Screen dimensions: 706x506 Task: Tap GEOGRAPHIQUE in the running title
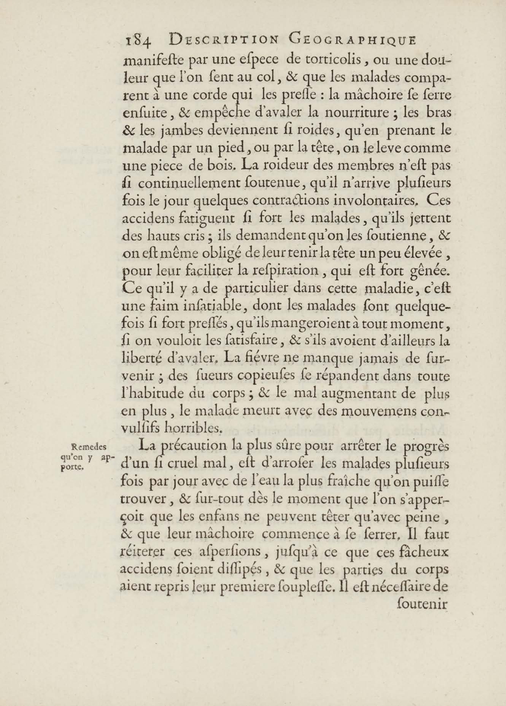click(352, 40)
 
